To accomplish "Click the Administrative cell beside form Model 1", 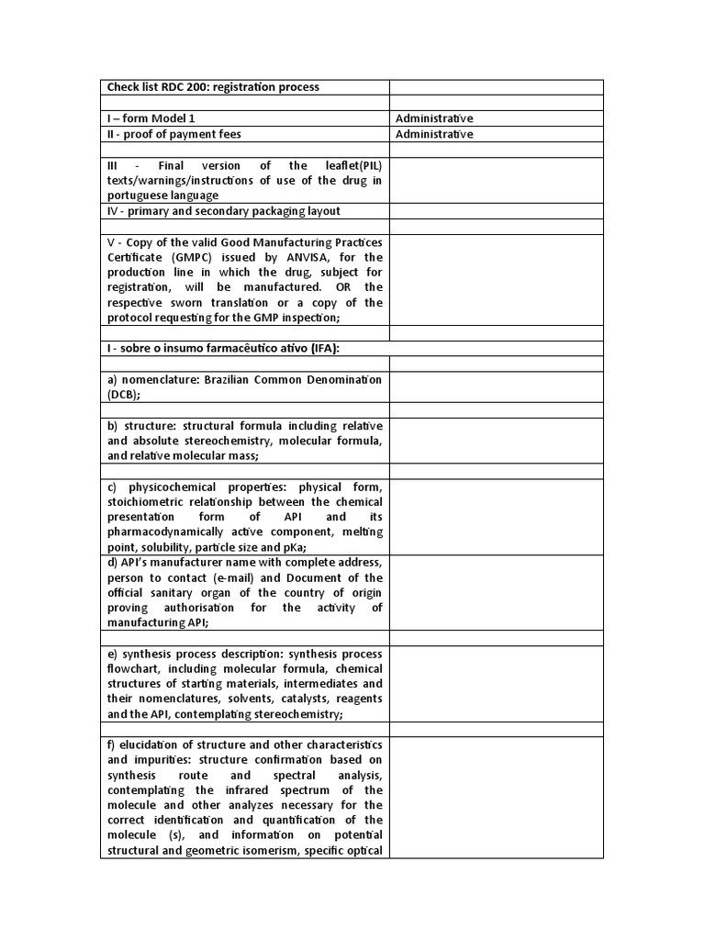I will pos(433,118).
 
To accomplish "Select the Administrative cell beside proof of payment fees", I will pos(433,134).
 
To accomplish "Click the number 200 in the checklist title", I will pos(193,87).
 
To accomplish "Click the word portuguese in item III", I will pos(139,196).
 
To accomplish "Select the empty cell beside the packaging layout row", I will pos(496,211).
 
